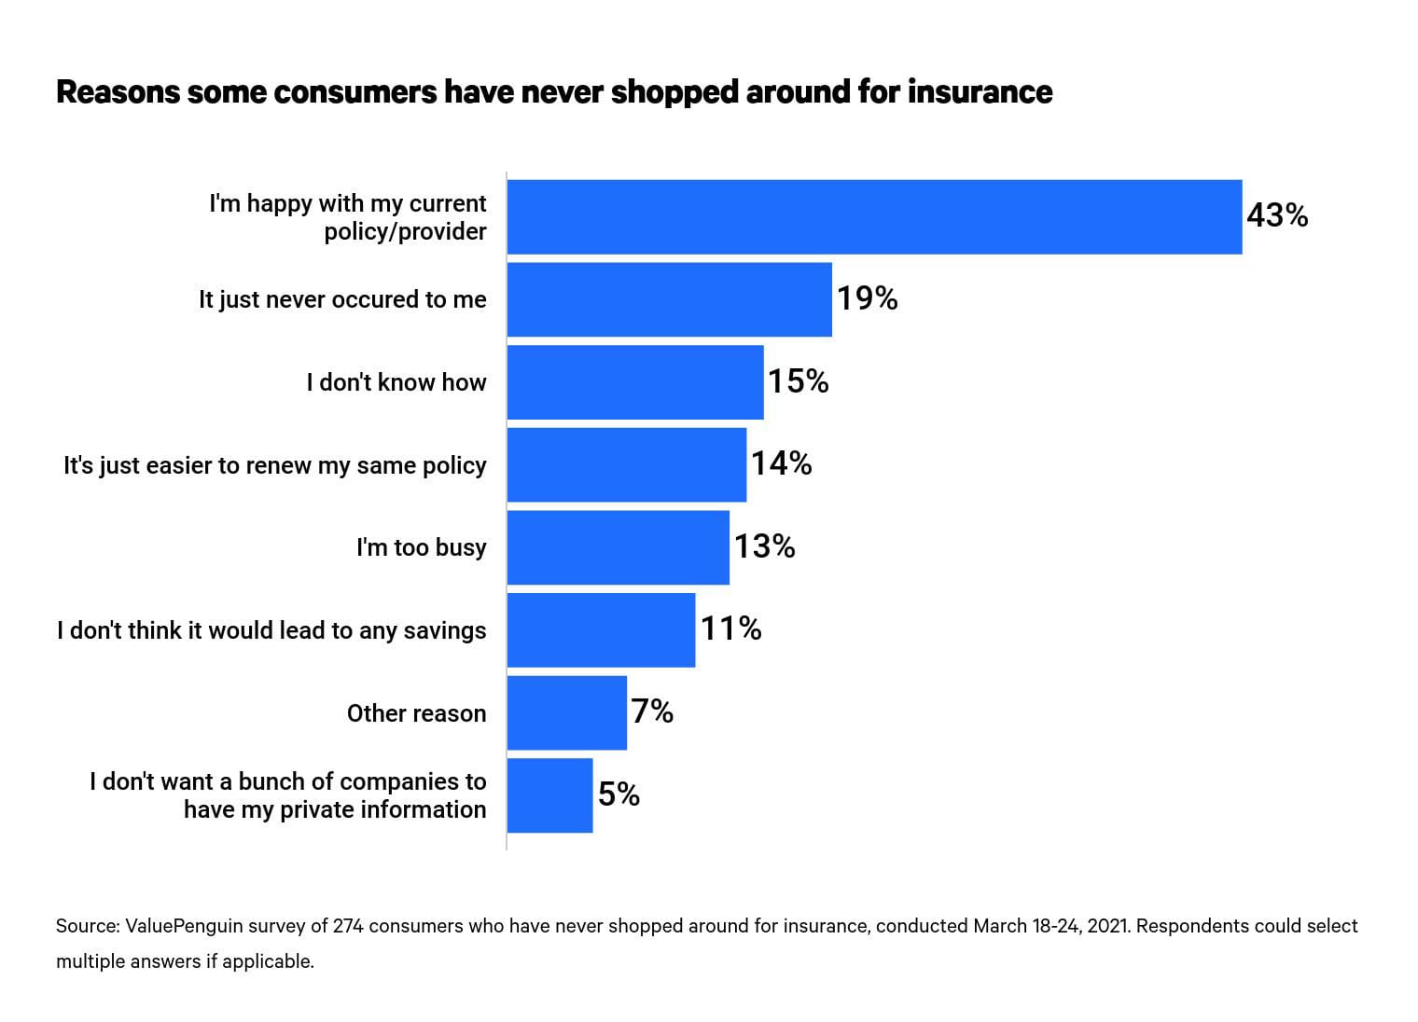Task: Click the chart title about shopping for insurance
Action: [x=554, y=92]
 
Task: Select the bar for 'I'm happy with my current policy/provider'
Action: [x=874, y=216]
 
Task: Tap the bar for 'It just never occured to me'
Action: [x=669, y=299]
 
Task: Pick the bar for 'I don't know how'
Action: [x=634, y=382]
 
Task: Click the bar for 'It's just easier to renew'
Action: [x=626, y=464]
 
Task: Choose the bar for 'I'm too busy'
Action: [x=618, y=547]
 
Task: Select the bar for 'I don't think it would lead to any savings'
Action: [x=601, y=630]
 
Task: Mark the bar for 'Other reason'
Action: [x=566, y=712]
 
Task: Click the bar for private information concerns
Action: [x=549, y=795]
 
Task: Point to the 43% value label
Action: [x=1277, y=216]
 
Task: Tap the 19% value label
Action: [x=867, y=299]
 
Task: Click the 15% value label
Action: [x=798, y=381]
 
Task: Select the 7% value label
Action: [x=652, y=712]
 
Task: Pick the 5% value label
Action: [x=619, y=794]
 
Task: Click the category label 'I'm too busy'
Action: [x=421, y=547]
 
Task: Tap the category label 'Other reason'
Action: [x=416, y=713]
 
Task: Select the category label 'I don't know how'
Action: [x=396, y=382]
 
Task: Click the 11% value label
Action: [x=730, y=629]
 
